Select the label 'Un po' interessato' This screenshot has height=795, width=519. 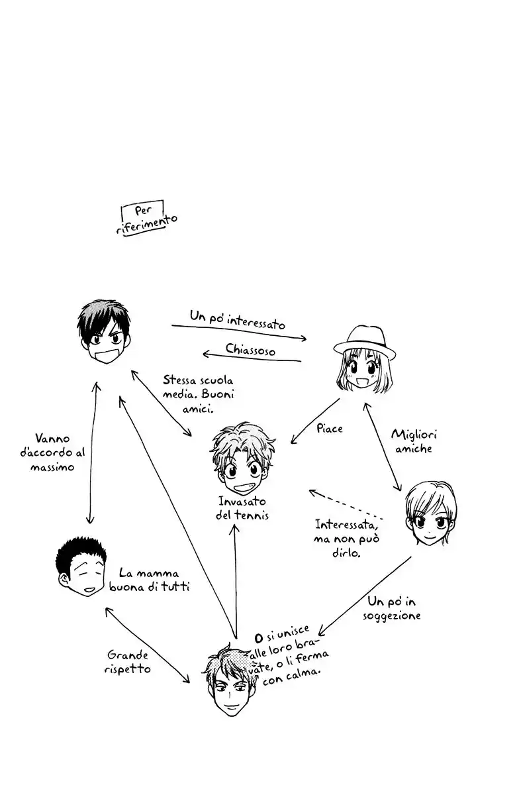[237, 320]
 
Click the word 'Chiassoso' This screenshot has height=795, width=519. [250, 348]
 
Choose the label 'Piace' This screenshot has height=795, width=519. [329, 429]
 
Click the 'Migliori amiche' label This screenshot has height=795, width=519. [414, 441]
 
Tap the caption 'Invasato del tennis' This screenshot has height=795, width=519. [243, 508]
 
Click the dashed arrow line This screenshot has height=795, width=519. [346, 504]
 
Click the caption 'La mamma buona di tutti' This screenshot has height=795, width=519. [152, 580]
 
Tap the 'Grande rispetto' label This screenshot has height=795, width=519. [127, 662]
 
